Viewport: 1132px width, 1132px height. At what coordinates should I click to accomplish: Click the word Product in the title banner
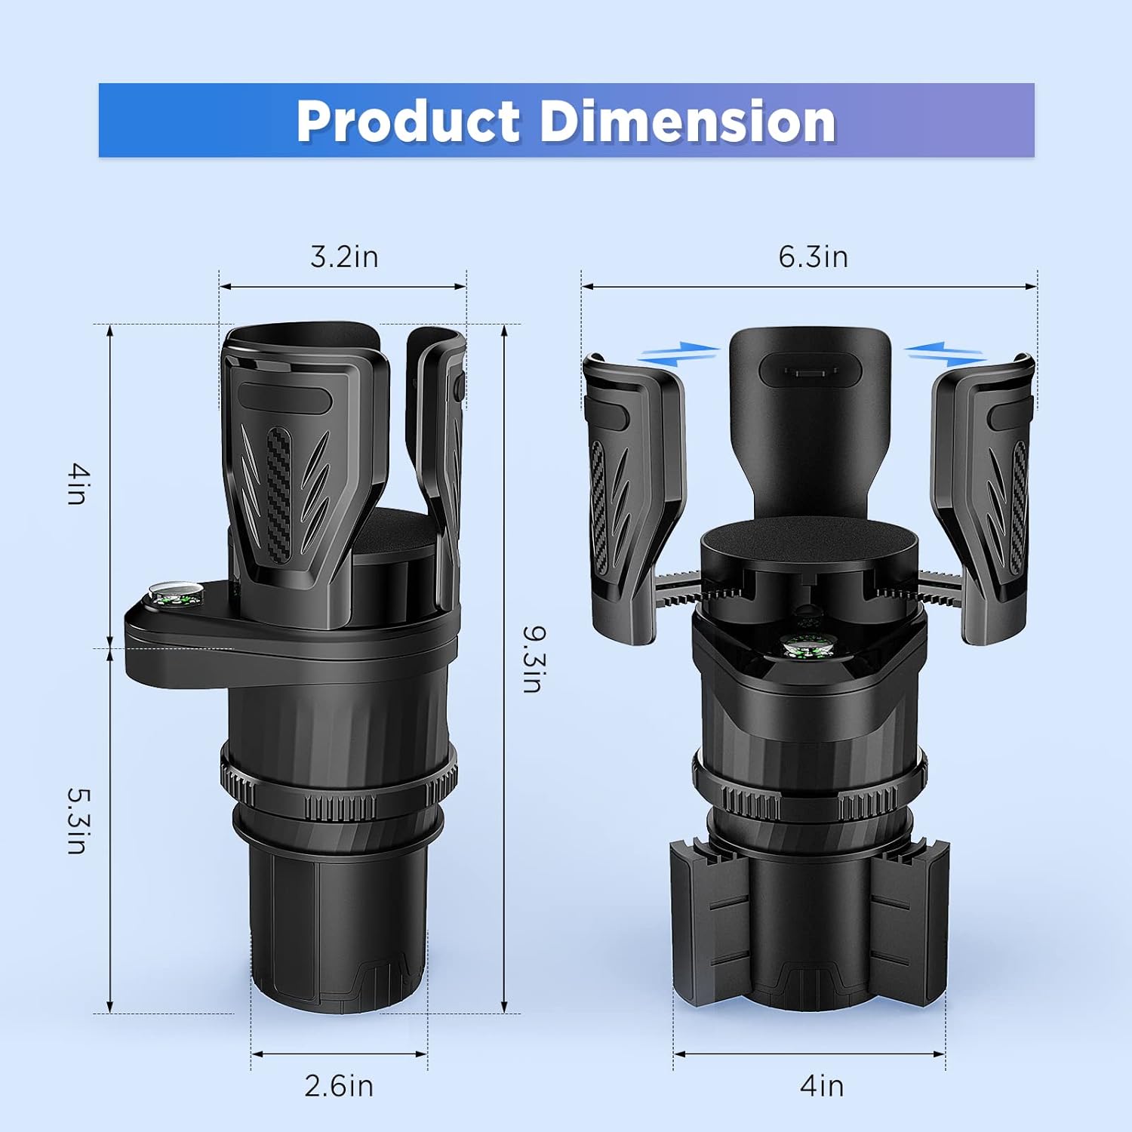[x=408, y=121]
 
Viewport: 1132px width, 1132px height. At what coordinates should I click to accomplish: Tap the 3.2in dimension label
[x=344, y=257]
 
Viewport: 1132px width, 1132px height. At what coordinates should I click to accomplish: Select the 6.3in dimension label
[x=813, y=257]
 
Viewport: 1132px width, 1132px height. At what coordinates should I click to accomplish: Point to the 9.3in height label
[x=533, y=659]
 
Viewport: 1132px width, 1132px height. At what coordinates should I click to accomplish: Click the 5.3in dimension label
[x=78, y=820]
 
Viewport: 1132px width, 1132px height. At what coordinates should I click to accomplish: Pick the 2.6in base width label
[x=339, y=1086]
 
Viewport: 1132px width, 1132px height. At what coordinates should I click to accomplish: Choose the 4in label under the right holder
[x=821, y=1086]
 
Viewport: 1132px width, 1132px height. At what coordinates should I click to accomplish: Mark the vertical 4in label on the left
[x=78, y=484]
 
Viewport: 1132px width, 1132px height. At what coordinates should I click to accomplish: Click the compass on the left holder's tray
[x=177, y=594]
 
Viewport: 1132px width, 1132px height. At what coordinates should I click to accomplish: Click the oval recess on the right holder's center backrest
[x=810, y=370]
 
